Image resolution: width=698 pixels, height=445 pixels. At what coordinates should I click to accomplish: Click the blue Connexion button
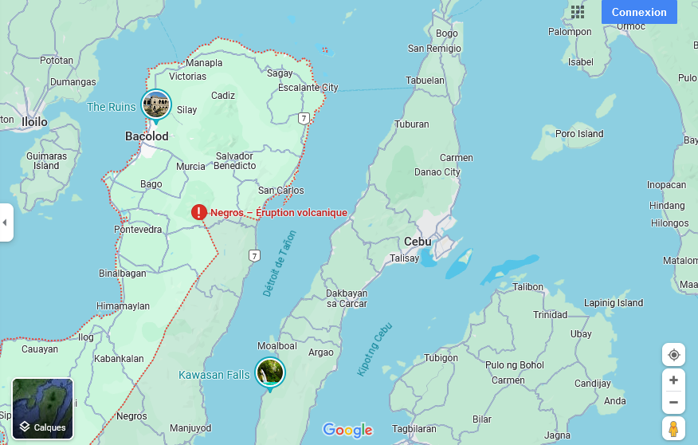coord(639,12)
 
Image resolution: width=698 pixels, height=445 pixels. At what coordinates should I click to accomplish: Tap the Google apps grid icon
coord(578,12)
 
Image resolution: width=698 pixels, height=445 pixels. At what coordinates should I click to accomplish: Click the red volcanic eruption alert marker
coord(199,212)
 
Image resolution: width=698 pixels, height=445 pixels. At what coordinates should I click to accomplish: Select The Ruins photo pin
coord(156,104)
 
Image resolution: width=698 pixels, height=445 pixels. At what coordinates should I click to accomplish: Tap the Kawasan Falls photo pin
coord(270,372)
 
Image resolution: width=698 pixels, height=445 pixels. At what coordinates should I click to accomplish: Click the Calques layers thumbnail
coord(43,408)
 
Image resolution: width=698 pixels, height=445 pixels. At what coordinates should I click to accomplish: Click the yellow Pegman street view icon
coord(673,428)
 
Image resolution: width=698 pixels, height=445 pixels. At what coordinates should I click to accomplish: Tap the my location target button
coord(673,355)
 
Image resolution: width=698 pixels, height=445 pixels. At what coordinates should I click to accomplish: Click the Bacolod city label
coord(147,136)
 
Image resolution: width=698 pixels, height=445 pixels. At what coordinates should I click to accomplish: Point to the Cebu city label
coord(418,241)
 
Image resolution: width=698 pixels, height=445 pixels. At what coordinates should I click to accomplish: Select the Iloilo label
coord(34,122)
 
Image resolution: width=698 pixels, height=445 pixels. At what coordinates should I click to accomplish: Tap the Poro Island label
coord(579,134)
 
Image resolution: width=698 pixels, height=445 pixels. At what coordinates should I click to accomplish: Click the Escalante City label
coord(308,88)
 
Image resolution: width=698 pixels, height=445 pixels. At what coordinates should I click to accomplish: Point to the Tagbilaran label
coord(415,428)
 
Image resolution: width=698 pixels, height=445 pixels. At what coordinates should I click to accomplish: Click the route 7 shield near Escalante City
coord(304,118)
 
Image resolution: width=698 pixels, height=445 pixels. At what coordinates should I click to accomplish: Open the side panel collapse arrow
coord(5,222)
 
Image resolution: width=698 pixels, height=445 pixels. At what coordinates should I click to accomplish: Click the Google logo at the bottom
coord(347,430)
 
